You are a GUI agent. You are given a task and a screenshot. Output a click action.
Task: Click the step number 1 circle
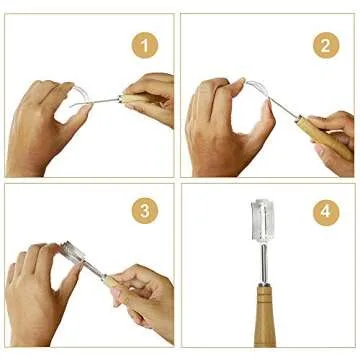(147, 45)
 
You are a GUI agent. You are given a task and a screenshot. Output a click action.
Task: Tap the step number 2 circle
(325, 45)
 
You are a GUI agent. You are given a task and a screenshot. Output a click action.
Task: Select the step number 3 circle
(147, 212)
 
